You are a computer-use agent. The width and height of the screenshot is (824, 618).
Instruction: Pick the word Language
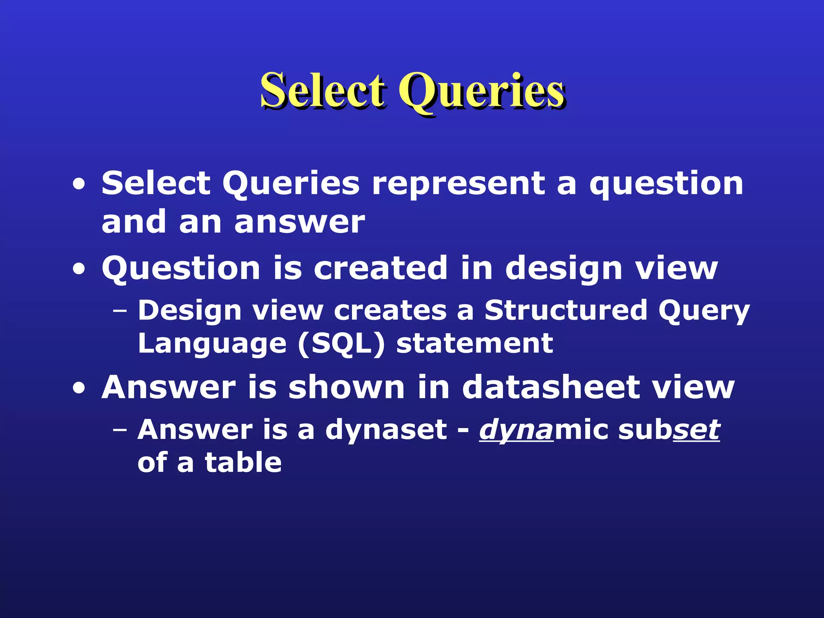tap(212, 344)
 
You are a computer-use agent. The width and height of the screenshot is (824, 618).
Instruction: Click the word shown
tap(346, 387)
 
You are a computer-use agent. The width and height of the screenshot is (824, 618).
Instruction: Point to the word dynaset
tap(386, 430)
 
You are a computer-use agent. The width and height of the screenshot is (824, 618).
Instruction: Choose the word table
tap(243, 462)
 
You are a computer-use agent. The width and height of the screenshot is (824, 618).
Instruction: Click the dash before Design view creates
tap(119, 311)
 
